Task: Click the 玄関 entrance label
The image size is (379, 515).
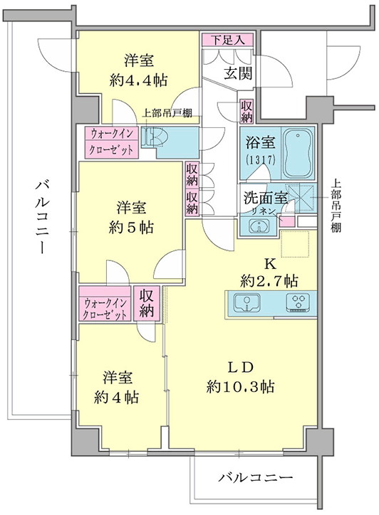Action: [x=239, y=73]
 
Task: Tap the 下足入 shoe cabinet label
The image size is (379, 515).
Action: [x=227, y=40]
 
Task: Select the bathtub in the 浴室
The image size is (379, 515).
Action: [x=298, y=154]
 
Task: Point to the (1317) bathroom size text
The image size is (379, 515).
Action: [x=260, y=160]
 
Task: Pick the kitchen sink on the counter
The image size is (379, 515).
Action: [x=246, y=302]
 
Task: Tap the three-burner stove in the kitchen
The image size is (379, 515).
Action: [x=298, y=302]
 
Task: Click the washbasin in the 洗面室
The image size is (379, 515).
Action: [x=259, y=226]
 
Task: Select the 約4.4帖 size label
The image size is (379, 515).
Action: [x=138, y=80]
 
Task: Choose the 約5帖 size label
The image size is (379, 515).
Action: [x=131, y=228]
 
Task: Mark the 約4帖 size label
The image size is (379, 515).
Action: [x=116, y=398]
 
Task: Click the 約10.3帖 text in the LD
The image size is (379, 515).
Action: [x=241, y=386]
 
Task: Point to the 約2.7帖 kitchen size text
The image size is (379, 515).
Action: [x=269, y=281]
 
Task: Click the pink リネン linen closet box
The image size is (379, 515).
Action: [x=286, y=221]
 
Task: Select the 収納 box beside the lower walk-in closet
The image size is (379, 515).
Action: [x=147, y=304]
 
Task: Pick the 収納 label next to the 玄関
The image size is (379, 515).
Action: [x=246, y=111]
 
